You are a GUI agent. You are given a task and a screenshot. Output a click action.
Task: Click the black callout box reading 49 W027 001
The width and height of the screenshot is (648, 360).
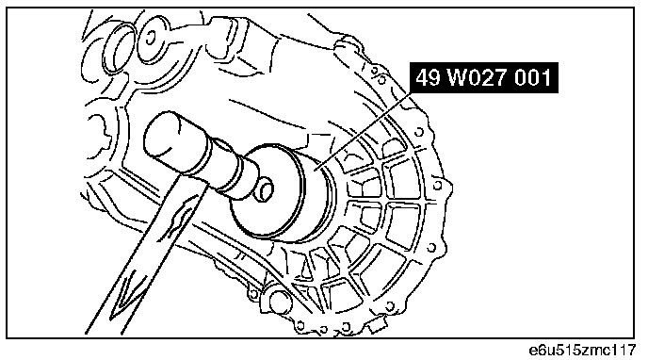pyautogui.click(x=483, y=77)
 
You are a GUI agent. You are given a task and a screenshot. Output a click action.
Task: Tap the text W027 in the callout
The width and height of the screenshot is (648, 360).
pyautogui.click(x=478, y=77)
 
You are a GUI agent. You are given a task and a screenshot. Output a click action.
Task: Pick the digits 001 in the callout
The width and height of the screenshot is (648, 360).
pyautogui.click(x=533, y=77)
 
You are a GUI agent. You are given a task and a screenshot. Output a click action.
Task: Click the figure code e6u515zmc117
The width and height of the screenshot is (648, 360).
pyautogui.click(x=582, y=350)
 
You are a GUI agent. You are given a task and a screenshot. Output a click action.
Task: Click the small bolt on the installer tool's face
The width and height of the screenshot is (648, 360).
pyautogui.click(x=264, y=189)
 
